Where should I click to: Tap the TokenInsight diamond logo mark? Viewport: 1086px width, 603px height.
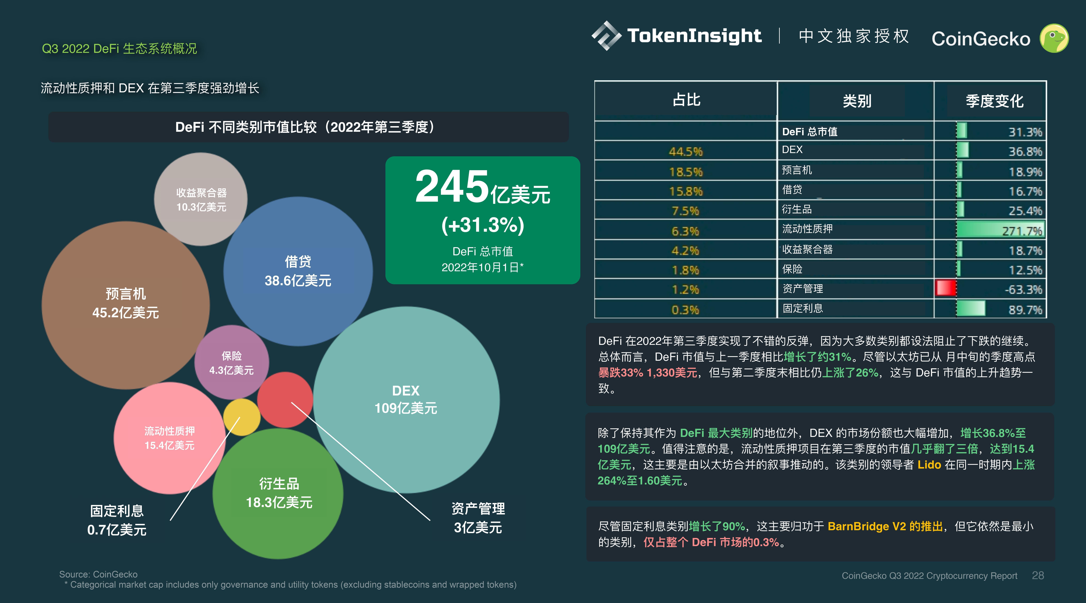[606, 36]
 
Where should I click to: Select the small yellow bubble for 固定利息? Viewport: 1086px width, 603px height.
[242, 417]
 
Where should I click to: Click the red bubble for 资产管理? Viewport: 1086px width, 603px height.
[285, 399]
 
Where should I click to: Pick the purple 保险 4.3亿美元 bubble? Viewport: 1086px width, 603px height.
[231, 363]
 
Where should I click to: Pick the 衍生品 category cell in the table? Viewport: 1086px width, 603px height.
[796, 209]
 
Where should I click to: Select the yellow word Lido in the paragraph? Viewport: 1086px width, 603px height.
[929, 465]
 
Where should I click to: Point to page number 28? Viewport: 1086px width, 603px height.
[1038, 576]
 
